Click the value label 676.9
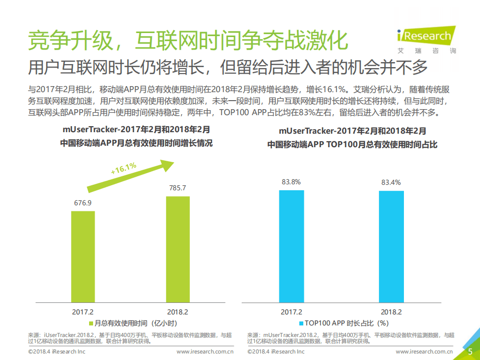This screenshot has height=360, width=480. coord(83,203)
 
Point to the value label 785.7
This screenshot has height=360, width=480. coord(178,188)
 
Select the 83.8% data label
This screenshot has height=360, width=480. coord(291,182)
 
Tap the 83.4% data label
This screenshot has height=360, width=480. coord(391,182)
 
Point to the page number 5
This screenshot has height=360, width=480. coord(470,351)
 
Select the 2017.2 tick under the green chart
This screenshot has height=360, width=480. coord(83,311)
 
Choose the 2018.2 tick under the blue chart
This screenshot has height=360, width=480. coord(391,311)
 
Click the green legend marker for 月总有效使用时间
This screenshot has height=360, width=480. coord(91,323)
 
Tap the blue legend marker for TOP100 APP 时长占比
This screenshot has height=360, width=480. coord(301,323)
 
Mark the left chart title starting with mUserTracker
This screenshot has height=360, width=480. coord(136,130)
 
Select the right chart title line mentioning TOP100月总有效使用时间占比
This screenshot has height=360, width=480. coord(352,144)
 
